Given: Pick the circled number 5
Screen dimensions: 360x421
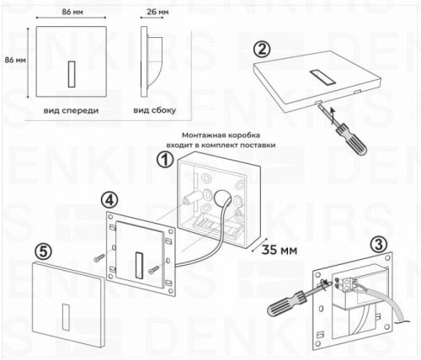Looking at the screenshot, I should [45, 251].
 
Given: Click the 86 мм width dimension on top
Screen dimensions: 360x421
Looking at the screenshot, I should [72, 13].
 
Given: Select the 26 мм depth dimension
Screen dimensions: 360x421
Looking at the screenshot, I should [152, 13].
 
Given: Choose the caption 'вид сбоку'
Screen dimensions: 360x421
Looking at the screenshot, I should [152, 110].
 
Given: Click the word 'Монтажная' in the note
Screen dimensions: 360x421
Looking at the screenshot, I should [205, 134].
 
